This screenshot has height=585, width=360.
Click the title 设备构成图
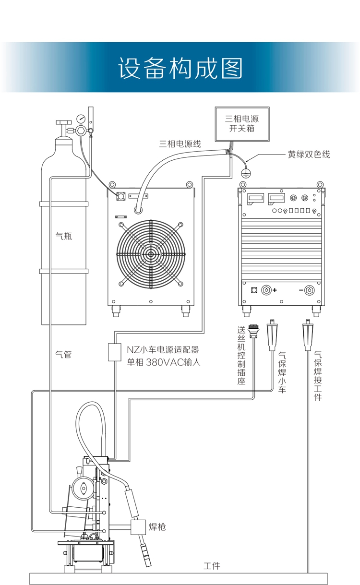[180, 68]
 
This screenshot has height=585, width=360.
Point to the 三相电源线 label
[180, 143]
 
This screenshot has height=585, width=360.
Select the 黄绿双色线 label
[309, 155]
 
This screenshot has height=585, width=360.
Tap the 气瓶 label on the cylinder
[64, 236]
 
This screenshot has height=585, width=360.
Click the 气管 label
[64, 355]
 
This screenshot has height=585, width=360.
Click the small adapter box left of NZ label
[114, 352]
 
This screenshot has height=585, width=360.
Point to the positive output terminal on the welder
[266, 290]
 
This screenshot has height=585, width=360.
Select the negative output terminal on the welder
[310, 290]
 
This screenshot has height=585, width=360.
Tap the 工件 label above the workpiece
[212, 566]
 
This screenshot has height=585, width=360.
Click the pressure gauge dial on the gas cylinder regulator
[81, 118]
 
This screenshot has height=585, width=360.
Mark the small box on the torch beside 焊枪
[138, 527]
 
